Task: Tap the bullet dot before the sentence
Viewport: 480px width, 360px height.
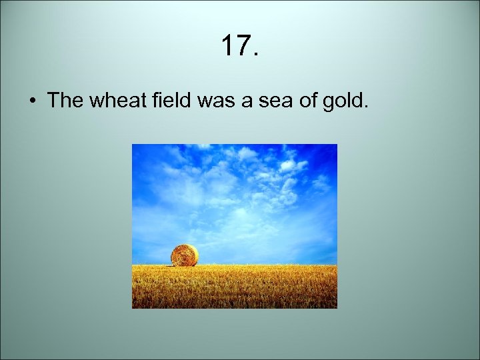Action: [x=32, y=101]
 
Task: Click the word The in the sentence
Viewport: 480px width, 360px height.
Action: [x=63, y=101]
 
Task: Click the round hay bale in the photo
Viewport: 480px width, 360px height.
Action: [x=184, y=255]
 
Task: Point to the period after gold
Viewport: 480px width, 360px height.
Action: [x=364, y=107]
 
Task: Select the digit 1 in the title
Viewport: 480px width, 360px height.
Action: [x=227, y=47]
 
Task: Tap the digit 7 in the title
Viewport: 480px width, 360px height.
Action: [x=241, y=47]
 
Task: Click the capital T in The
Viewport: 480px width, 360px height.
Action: [x=53, y=101]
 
